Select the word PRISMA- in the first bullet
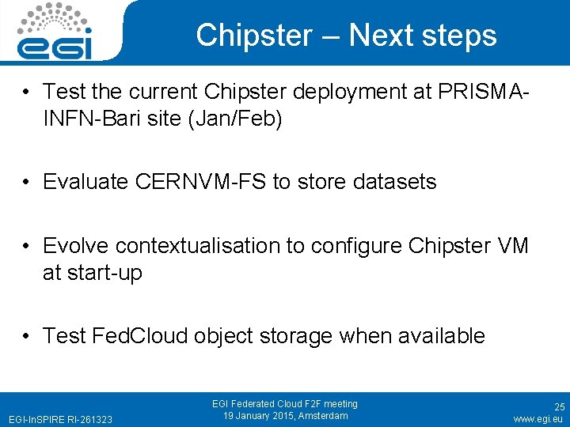tap(483, 92)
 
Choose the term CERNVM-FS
tap(201, 182)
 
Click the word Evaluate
tap(86, 182)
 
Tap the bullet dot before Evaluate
tap(27, 182)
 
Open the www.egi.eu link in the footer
tap(538, 418)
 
